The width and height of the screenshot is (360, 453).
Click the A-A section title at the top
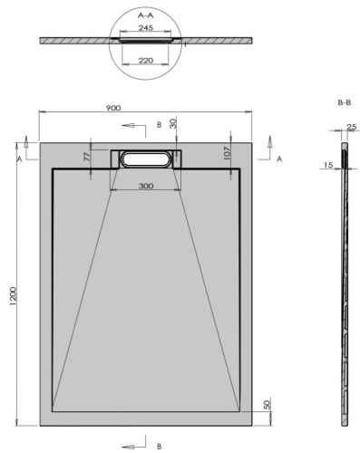point(146,15)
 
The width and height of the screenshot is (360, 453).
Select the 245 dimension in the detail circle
point(145,29)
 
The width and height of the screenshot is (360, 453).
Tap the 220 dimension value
point(145,62)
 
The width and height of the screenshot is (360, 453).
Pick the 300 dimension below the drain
point(146,185)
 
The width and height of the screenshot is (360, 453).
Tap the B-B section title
point(344,103)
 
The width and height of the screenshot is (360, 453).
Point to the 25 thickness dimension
point(350,126)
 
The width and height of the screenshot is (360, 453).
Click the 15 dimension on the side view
point(327,166)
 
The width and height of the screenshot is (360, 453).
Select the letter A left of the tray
point(19,158)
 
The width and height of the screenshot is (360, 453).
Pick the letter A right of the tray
point(279,159)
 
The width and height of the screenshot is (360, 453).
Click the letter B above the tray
point(159,124)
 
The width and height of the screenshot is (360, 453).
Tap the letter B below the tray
point(158,446)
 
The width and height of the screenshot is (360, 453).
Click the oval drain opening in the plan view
point(146,159)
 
